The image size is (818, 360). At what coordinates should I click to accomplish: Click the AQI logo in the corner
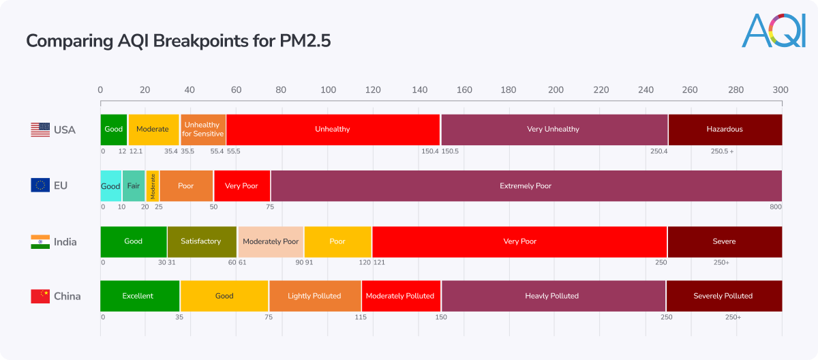pos(773,31)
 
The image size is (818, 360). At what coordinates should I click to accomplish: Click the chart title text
pos(178,41)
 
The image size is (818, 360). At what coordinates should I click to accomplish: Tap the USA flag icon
pos(40,130)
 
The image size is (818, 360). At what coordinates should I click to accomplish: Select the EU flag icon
pos(40,185)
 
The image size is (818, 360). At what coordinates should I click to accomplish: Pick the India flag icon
pos(40,241)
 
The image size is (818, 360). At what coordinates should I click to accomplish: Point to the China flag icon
pos(40,296)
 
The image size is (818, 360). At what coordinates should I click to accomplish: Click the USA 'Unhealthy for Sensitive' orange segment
pos(202,130)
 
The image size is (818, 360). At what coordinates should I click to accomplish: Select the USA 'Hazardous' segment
pos(725,130)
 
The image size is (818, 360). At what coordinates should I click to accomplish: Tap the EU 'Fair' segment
pos(134,185)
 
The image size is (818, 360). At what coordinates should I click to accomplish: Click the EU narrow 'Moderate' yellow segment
pos(153,185)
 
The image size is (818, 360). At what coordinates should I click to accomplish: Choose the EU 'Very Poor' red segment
pos(241,185)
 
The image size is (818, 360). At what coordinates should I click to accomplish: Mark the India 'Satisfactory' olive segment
pos(201,241)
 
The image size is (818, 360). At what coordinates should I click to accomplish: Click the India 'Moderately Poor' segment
pos(271,241)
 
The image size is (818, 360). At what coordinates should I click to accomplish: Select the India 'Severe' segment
pos(724,241)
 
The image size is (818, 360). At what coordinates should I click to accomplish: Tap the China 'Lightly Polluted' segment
pos(314,296)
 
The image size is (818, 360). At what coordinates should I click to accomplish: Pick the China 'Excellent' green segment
pos(139,296)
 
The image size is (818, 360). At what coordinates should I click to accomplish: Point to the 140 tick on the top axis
pos(419,90)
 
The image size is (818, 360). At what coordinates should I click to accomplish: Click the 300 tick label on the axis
pos(781,90)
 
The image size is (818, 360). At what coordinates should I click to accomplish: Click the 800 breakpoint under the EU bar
pos(775,207)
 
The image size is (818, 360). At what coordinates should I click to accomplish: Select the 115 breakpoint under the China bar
pos(360,317)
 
